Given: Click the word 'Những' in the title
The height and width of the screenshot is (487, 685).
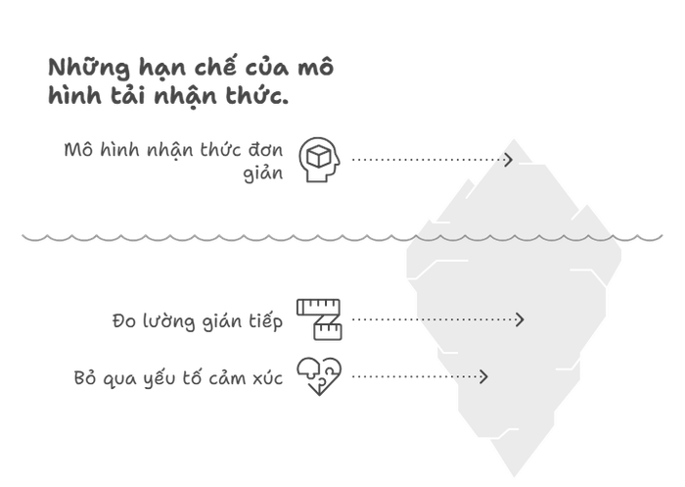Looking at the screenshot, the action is click(89, 67).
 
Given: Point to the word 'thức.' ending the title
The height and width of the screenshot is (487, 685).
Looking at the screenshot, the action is click(256, 94).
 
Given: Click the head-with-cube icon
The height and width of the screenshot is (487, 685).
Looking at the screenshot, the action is click(319, 160).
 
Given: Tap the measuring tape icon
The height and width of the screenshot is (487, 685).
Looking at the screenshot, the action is click(319, 319).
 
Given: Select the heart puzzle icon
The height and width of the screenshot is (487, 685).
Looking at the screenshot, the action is click(319, 376).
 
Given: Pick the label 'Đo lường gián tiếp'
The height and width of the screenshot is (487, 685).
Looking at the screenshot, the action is click(198, 321).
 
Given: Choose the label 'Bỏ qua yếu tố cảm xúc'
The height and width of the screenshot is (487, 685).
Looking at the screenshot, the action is click(178, 377).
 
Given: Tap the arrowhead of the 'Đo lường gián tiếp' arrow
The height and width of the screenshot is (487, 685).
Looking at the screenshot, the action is click(520, 319).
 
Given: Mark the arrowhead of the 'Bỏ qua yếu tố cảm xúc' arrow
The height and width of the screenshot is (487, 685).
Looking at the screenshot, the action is click(483, 376).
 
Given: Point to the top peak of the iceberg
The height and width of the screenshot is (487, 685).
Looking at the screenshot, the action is click(514, 139).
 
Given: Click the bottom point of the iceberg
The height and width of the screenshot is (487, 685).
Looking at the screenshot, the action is click(514, 477).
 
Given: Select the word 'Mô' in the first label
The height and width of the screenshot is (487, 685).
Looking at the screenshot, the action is click(78, 150).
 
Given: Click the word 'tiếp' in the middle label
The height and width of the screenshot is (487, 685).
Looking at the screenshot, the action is click(266, 321).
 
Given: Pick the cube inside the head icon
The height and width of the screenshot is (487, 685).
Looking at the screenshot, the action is click(318, 157).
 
